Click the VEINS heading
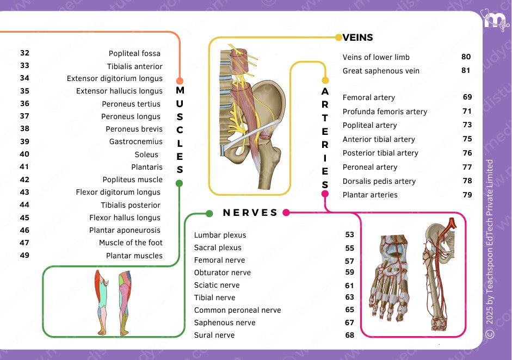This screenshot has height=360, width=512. [358, 38]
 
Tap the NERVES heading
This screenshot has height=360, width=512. [250, 213]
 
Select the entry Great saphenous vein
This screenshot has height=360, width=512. [381, 71]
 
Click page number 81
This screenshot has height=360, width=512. [466, 71]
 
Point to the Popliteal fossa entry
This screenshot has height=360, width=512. [134, 53]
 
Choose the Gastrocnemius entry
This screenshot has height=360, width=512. [135, 141]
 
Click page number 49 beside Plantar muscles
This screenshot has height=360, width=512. [24, 255]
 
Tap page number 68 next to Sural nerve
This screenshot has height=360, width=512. [349, 335]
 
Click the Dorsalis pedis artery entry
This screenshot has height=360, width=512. [379, 181]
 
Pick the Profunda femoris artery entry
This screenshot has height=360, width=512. [385, 111]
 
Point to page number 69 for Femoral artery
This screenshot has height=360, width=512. [467, 97]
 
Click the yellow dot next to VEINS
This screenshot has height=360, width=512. [338, 38]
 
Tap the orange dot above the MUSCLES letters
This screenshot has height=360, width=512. [180, 80]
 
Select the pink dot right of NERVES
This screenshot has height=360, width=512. [286, 213]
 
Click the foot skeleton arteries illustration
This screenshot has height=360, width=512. [392, 277]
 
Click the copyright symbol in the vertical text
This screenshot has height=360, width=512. [490, 333]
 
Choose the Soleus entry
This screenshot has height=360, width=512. [146, 154]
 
